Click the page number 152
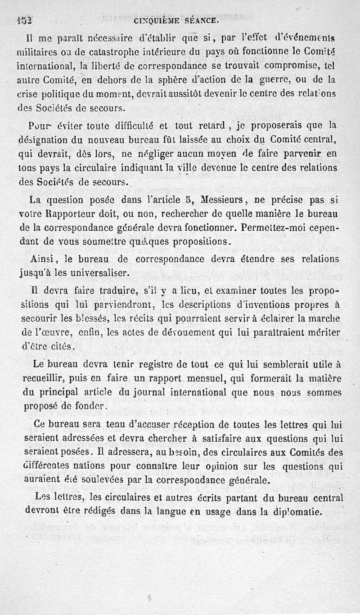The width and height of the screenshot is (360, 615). (23, 20)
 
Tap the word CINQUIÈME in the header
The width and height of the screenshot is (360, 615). (155, 20)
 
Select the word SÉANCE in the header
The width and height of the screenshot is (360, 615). (204, 20)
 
